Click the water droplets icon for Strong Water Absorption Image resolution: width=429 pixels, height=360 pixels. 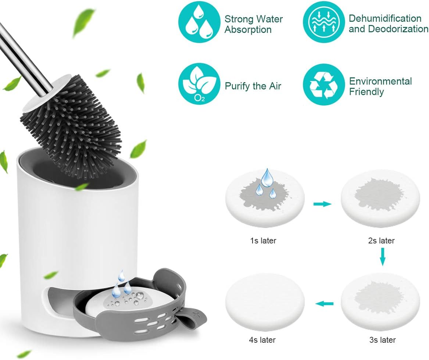pyautogui.click(x=199, y=22)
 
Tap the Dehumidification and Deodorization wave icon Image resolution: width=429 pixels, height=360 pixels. pyautogui.click(x=324, y=22)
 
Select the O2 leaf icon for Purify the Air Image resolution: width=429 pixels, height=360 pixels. pyautogui.click(x=199, y=84)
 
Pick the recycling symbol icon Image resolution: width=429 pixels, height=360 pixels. pyautogui.click(x=324, y=84)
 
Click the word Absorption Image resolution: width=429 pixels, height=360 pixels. pyautogui.click(x=248, y=29)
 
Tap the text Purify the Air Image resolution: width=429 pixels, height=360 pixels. pyautogui.click(x=253, y=86)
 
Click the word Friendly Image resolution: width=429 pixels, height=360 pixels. pyautogui.click(x=367, y=92)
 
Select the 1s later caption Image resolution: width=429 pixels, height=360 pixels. pyautogui.click(x=263, y=240)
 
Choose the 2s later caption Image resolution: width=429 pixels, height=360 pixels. pyautogui.click(x=381, y=240)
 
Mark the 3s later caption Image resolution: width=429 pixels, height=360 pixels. pyautogui.click(x=382, y=340)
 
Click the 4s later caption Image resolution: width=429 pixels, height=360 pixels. pyautogui.click(x=262, y=340)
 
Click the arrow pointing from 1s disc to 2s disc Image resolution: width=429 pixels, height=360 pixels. pyautogui.click(x=322, y=204)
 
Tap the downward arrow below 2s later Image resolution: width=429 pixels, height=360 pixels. pyautogui.click(x=383, y=257)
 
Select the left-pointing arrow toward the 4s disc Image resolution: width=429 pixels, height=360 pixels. pyautogui.click(x=324, y=303)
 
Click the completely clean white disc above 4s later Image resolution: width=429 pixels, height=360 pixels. pyautogui.click(x=265, y=302)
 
